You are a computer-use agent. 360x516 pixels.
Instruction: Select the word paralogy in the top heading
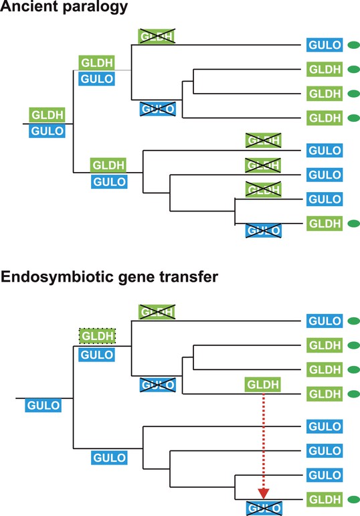95,7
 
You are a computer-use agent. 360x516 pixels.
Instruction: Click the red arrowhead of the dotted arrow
264,493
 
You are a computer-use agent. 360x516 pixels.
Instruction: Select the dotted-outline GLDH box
97,336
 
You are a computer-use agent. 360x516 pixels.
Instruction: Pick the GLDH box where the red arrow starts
262,384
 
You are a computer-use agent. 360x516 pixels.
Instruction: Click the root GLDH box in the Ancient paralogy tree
47,115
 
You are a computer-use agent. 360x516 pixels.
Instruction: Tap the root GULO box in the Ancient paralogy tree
47,131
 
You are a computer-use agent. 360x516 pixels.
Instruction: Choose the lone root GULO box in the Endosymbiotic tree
43,405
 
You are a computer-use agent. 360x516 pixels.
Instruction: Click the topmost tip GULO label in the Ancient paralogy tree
325,45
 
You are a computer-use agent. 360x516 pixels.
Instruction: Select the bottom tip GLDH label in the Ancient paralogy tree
325,224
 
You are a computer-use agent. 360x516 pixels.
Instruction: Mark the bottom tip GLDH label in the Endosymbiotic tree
325,499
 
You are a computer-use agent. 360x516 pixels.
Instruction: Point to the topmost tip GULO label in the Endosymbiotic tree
325,321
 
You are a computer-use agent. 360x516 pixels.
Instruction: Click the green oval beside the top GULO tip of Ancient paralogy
354,45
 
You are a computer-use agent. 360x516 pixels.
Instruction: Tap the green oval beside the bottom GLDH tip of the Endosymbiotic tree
354,499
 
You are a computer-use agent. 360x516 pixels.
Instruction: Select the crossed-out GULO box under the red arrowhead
264,508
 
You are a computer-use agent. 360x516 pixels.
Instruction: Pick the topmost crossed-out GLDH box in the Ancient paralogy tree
157,36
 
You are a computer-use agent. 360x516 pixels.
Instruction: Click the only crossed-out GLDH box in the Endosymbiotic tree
157,312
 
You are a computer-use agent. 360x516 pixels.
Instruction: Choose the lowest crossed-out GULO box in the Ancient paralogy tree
264,231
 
